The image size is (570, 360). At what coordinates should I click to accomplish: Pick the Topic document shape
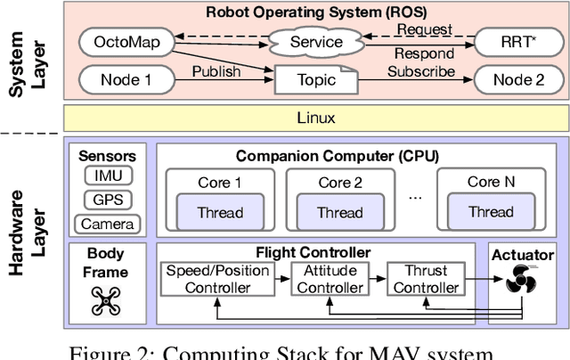pyautogui.click(x=315, y=80)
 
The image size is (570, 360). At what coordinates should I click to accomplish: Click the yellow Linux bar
pyautogui.click(x=313, y=118)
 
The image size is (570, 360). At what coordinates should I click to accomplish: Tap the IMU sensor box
pyautogui.click(x=107, y=177)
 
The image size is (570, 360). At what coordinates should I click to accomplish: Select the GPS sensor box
pyautogui.click(x=107, y=200)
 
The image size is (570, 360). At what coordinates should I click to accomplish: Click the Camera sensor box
pyautogui.click(x=107, y=223)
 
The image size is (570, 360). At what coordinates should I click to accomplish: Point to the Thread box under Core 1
pyautogui.click(x=219, y=212)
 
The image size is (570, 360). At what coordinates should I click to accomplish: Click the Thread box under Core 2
pyautogui.click(x=340, y=212)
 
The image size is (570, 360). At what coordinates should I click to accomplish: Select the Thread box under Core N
pyautogui.click(x=491, y=212)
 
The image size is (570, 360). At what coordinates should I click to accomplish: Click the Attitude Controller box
pyautogui.click(x=330, y=278)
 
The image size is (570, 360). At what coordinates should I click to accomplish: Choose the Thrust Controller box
pyautogui.click(x=426, y=278)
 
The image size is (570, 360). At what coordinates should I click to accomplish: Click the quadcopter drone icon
pyautogui.click(x=106, y=301)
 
